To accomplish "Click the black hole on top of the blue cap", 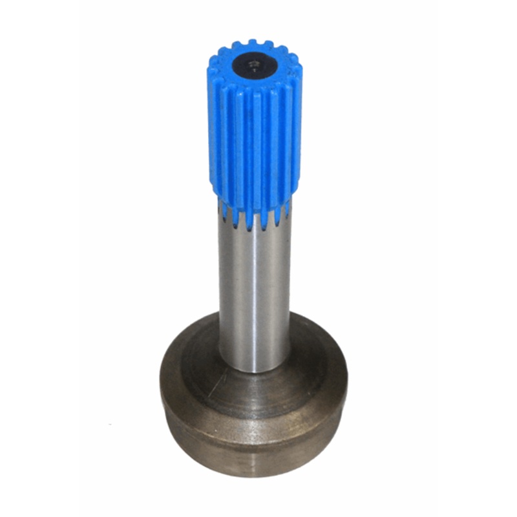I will pos(253,63).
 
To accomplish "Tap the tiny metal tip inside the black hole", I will pos(255,65).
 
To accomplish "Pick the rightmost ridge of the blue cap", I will pos(296,129).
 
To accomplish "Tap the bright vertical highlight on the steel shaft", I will pos(258,291).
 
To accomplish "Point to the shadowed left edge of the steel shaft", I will pos(223,291).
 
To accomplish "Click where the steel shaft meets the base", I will pos(254,370).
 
